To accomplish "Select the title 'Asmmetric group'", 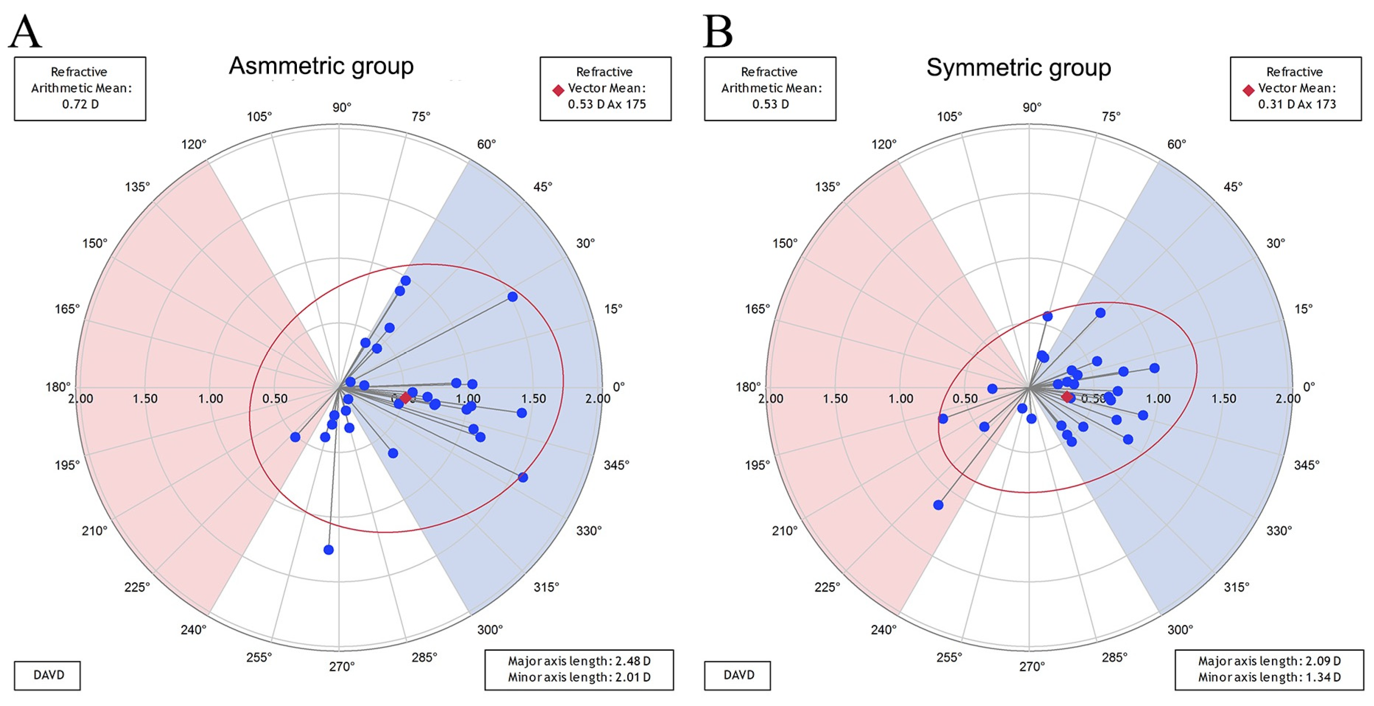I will (x=321, y=66).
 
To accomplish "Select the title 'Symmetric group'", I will (x=1018, y=68).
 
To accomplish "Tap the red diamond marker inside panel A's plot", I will (x=405, y=397).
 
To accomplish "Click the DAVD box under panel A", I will (x=47, y=675).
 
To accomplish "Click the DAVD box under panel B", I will (x=738, y=675).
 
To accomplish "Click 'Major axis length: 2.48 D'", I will (x=579, y=661).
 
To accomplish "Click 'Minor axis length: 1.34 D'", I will (x=1269, y=677).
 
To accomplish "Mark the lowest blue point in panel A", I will (x=329, y=550).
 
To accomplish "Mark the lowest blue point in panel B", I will (x=938, y=505).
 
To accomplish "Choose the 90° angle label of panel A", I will (x=341, y=107).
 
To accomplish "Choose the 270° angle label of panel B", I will (x=1032, y=667).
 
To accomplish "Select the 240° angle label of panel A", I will (x=193, y=630).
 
